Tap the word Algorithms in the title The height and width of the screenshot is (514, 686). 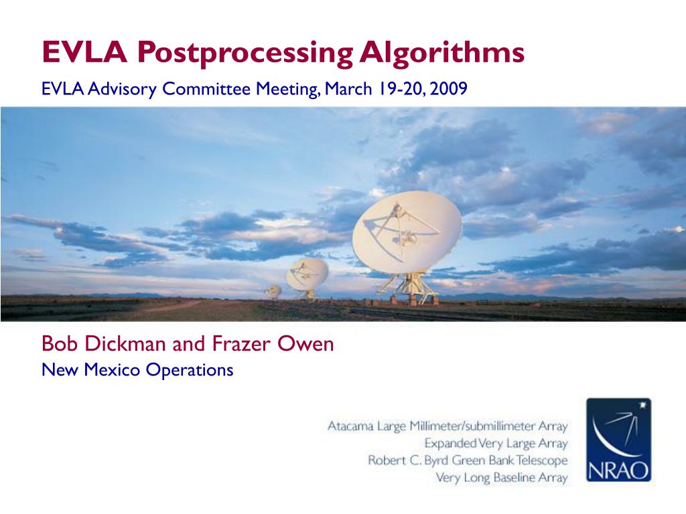(x=442, y=52)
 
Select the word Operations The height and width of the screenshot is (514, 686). (x=190, y=370)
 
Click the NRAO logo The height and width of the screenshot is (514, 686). (x=618, y=440)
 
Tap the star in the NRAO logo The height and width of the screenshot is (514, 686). (x=642, y=405)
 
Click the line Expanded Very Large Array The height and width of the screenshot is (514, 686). (x=496, y=443)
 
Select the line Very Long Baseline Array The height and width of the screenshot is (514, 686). (x=501, y=477)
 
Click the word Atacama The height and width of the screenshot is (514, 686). (x=350, y=426)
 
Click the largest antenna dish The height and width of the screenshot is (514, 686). (x=407, y=232)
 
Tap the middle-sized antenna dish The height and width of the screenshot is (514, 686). (x=307, y=274)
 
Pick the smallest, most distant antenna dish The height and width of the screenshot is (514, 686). (x=273, y=290)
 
